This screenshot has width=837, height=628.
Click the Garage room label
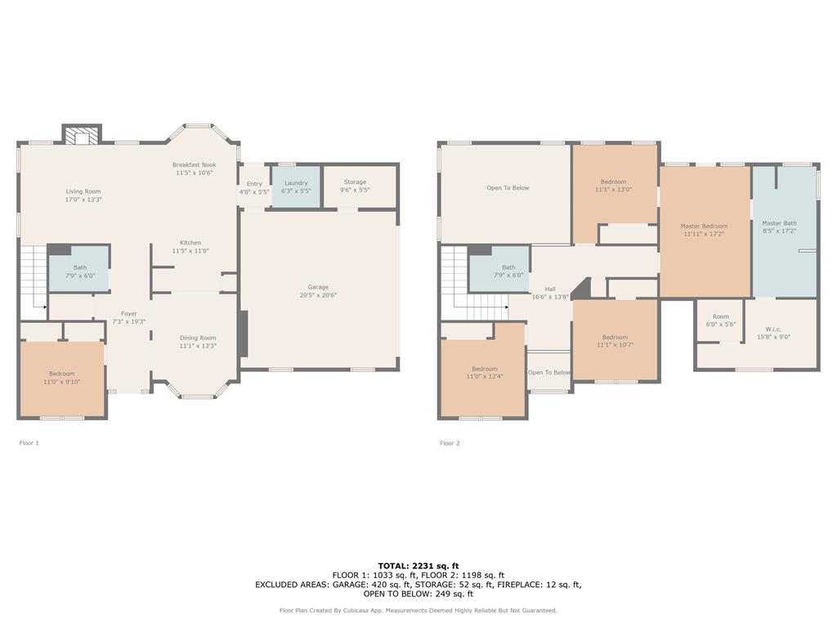click(x=318, y=287)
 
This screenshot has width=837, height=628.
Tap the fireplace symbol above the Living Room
click(x=82, y=136)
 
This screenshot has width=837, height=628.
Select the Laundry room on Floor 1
click(x=295, y=187)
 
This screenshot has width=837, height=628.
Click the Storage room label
click(x=355, y=182)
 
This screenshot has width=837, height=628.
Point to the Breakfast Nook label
click(x=194, y=164)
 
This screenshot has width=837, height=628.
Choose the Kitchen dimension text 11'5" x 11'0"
click(x=190, y=251)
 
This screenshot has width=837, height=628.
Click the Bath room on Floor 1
click(x=79, y=271)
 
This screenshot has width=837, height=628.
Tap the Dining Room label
click(x=198, y=338)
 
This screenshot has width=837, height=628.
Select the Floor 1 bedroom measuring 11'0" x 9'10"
click(x=61, y=378)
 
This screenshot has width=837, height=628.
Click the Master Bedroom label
click(x=704, y=226)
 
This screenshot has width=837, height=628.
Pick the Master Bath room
click(x=779, y=227)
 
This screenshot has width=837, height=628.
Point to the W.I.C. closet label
click(x=773, y=329)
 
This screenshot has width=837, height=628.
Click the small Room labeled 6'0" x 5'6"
click(x=720, y=320)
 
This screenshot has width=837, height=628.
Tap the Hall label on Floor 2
click(x=550, y=289)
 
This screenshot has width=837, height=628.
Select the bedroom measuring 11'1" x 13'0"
click(x=614, y=186)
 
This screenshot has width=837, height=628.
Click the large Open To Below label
click(x=508, y=188)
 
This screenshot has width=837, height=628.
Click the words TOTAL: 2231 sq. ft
click(x=418, y=566)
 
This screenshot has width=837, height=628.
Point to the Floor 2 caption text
click(x=450, y=443)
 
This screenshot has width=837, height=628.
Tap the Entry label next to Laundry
click(x=254, y=184)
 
